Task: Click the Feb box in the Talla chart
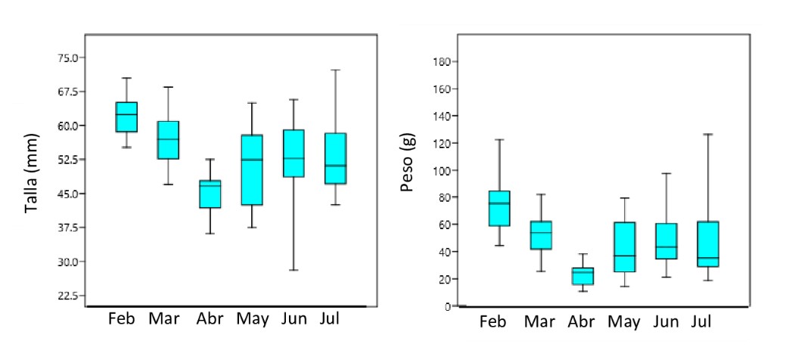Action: coord(126,117)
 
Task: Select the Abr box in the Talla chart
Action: coord(210,194)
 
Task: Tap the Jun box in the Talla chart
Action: coord(293,154)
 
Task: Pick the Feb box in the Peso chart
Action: coord(499,208)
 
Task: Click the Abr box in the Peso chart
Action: coord(582,276)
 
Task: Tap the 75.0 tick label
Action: coord(67,57)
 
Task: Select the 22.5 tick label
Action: coord(67,296)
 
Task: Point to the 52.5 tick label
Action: coord(67,160)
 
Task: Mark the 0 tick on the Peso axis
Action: coord(448,306)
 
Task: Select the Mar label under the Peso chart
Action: coord(539,321)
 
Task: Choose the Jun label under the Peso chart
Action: coord(666,321)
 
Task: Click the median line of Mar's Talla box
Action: coord(168,139)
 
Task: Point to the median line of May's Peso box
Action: coord(624,256)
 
